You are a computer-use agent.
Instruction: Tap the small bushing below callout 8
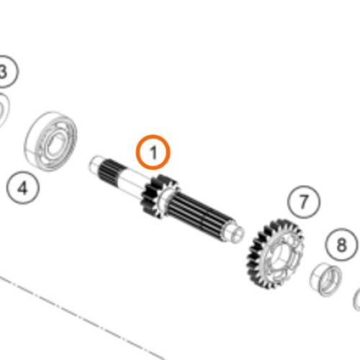[326, 279]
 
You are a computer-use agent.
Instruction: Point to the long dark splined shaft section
[199, 214]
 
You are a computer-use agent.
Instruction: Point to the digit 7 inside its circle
[304, 202]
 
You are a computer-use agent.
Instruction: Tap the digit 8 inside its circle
[342, 245]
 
